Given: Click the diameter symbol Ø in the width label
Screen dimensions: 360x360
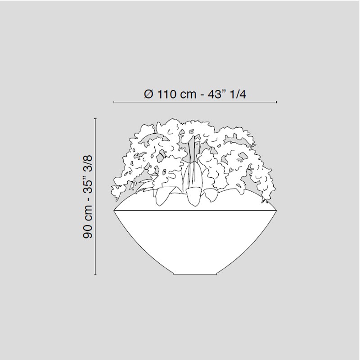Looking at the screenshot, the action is [x=148, y=94].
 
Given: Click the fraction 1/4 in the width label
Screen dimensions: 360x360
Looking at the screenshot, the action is [x=238, y=94].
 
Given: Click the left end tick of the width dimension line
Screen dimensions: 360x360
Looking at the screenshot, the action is [x=114, y=102].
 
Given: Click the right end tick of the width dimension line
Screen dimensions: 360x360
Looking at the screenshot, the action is [x=276, y=102].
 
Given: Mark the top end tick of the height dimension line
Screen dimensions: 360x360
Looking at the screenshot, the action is [x=95, y=119].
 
